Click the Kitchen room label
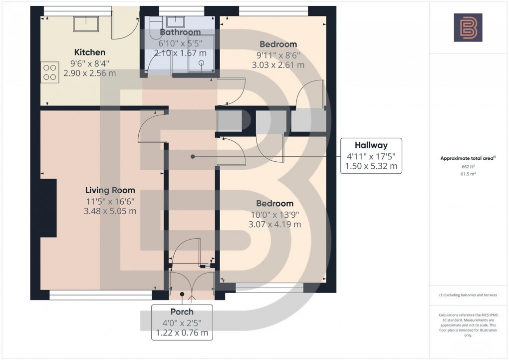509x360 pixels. coord(90,52)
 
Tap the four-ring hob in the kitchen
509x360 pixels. coord(50,72)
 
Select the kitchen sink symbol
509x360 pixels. coord(86,24)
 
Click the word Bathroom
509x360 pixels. coord(180,32)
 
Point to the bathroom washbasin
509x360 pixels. coord(176,22)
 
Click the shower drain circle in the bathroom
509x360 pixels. coord(201,63)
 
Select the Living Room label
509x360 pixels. coord(110,190)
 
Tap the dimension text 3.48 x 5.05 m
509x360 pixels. coord(110,211)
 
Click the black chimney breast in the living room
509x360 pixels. coord(48,208)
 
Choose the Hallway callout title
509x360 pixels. coord(371,145)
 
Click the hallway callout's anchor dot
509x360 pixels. coord(193,157)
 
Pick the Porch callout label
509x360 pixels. coord(182,312)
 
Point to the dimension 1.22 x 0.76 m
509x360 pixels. coord(182,333)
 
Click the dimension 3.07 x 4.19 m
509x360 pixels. coord(274,224)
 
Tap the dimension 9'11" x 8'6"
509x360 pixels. coord(278,55)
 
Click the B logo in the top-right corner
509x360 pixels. coord(468,27)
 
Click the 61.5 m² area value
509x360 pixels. coord(468,174)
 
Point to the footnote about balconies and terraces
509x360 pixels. coord(468,295)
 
